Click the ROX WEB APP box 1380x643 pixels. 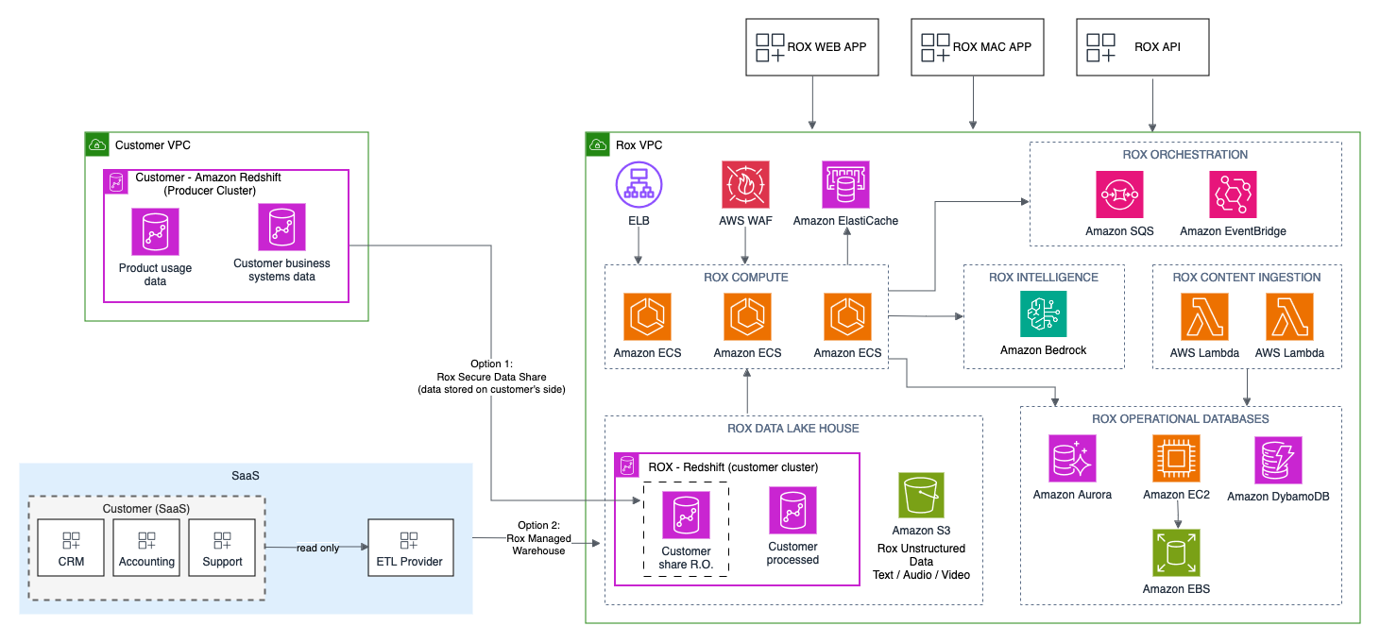click(x=811, y=47)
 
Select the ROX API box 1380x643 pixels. click(x=1143, y=47)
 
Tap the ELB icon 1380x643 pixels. click(x=639, y=184)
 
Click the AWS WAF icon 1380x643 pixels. click(x=746, y=184)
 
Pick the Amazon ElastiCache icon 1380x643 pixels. click(x=846, y=184)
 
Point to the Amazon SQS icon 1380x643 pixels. click(x=1119, y=195)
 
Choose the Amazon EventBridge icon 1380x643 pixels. click(x=1233, y=195)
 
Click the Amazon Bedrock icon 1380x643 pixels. click(x=1044, y=313)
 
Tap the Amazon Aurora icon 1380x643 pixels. click(x=1072, y=459)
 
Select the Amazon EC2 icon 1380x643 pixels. click(x=1176, y=459)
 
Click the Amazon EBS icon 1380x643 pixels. click(x=1176, y=553)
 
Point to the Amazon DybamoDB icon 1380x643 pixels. click(x=1278, y=460)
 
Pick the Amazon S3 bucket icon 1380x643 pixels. click(x=921, y=496)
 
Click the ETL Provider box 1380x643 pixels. click(x=409, y=549)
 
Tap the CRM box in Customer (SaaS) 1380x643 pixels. click(x=71, y=549)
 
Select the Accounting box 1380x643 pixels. click(x=146, y=549)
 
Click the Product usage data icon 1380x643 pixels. click(x=156, y=231)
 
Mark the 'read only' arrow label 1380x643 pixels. click(x=317, y=548)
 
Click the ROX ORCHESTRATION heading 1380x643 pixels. click(x=1184, y=154)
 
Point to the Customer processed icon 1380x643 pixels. click(x=792, y=511)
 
